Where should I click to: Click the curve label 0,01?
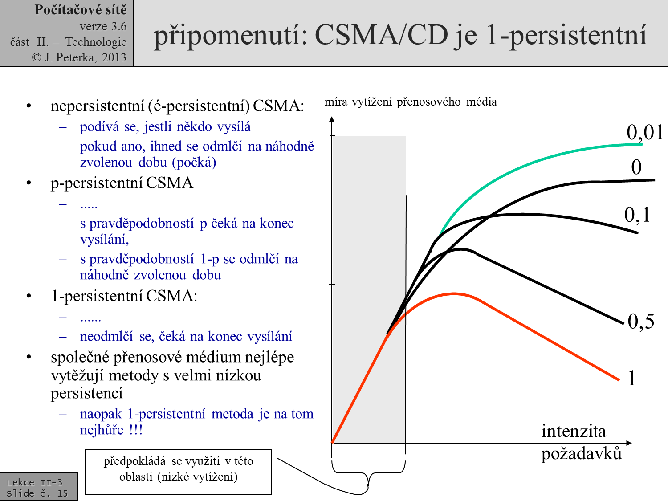pos(644,132)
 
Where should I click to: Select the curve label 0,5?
pos(641,321)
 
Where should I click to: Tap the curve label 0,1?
pos(637,215)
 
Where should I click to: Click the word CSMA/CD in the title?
pos(381,35)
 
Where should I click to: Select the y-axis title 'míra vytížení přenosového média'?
pos(410,102)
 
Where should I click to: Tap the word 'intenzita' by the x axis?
pos(574,431)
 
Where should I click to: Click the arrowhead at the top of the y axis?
pos(332,119)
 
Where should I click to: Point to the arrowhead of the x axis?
pos(629,443)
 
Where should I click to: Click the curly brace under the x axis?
pos(368,472)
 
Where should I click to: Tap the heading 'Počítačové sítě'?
pos(81,10)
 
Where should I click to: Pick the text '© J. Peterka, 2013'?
pos(79,57)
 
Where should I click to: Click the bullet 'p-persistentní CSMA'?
pos(122,183)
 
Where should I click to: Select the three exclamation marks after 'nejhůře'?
pos(136,430)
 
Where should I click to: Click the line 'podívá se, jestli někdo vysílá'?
pos(165,127)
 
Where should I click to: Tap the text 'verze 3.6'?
pos(103,26)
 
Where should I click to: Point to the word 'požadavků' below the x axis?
pos(581,454)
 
